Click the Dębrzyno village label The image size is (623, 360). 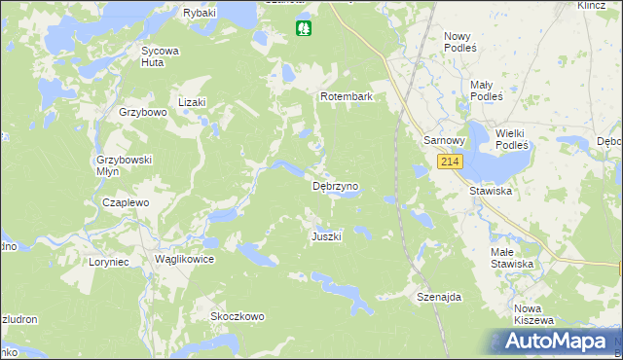(335, 185)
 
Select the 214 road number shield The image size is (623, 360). (449, 162)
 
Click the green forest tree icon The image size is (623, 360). (305, 29)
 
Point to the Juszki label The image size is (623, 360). (326, 237)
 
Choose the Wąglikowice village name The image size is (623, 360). (184, 260)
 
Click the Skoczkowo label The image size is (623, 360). (238, 316)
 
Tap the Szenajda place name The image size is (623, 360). (438, 297)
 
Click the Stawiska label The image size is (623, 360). (491, 192)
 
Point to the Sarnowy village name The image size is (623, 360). (445, 140)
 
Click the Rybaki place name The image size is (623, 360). (200, 13)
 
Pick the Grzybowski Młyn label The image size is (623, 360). (121, 164)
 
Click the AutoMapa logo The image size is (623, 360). (553, 342)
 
